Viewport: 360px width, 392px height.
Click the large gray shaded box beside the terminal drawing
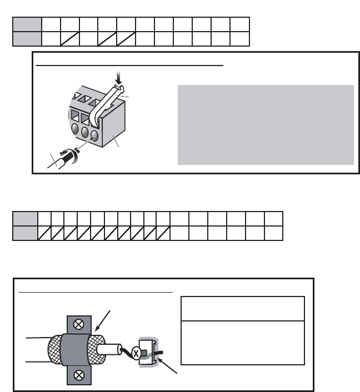click(x=266, y=124)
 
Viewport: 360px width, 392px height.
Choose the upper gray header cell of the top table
click(x=27, y=24)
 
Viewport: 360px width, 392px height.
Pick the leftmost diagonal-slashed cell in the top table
click(x=71, y=39)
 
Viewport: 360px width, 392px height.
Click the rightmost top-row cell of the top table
click(x=240, y=24)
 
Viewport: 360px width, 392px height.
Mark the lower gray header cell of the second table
click(x=26, y=233)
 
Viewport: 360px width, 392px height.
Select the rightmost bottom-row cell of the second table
click(x=273, y=233)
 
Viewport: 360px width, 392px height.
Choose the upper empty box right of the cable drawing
click(x=243, y=308)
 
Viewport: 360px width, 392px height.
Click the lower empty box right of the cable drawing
click(x=243, y=342)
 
